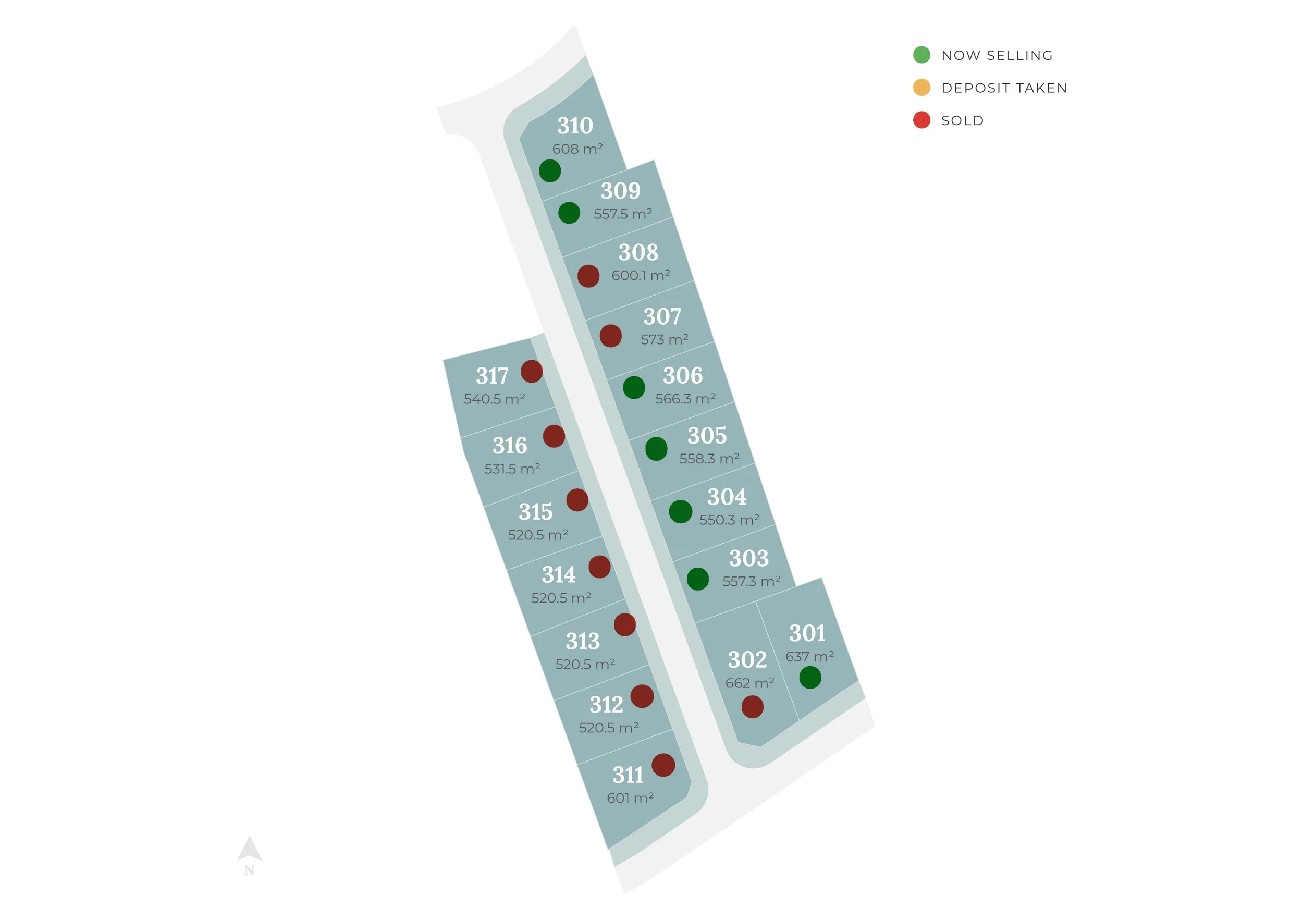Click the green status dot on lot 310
[x=549, y=171]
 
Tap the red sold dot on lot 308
[x=588, y=276]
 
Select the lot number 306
[x=682, y=376]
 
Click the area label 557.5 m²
[x=622, y=214]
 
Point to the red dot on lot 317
[x=531, y=372]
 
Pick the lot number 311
[x=628, y=775]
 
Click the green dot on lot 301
[x=810, y=678]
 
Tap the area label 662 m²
[x=749, y=683]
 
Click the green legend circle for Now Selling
[x=921, y=55]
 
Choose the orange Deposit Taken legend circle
[x=921, y=88]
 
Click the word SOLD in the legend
[x=963, y=120]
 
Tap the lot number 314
[x=558, y=575]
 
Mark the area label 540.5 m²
[x=494, y=399]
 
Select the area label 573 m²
[x=664, y=339]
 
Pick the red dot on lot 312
[x=642, y=696]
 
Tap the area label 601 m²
[x=630, y=799]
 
